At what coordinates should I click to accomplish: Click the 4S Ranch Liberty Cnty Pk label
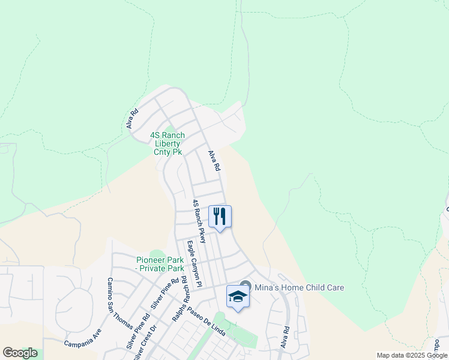click(x=167, y=144)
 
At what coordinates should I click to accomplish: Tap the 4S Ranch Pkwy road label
click(x=199, y=221)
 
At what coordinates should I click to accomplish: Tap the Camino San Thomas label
click(x=119, y=303)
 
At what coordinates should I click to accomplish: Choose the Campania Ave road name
click(x=82, y=339)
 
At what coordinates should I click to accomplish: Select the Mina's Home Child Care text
click(x=299, y=287)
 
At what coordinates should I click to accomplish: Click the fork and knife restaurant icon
click(x=220, y=217)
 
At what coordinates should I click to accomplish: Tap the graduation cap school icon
click(x=238, y=297)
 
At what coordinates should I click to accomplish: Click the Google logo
click(x=20, y=353)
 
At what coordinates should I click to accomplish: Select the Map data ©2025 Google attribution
click(x=412, y=355)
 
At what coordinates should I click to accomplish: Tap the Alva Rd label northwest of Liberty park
click(x=133, y=118)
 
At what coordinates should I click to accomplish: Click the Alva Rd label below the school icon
click(x=286, y=338)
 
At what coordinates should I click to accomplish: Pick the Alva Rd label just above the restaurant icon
click(x=214, y=160)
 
